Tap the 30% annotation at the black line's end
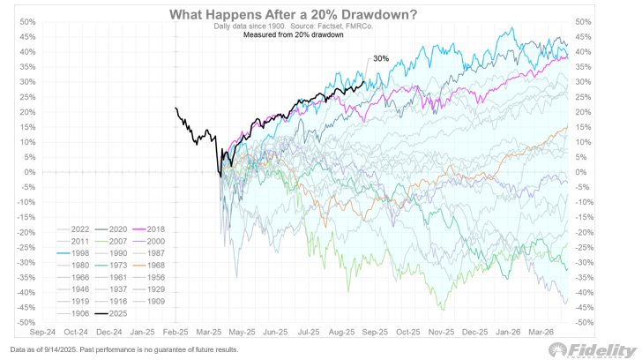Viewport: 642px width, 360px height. pos(381,59)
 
